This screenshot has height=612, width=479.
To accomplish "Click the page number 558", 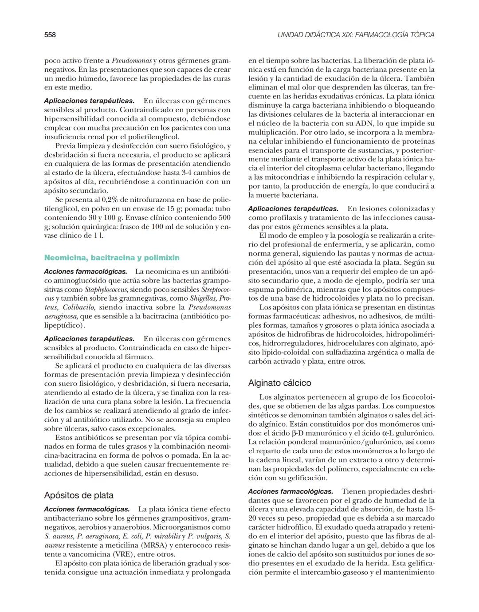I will pos(50,35).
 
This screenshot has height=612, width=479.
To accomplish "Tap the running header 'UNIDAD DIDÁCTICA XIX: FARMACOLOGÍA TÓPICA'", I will pos(356,35).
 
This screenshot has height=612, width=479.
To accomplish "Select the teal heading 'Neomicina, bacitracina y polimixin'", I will pos(112,258).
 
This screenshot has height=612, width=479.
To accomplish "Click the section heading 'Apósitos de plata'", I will pos(79,495).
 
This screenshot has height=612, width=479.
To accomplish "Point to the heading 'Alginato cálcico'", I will pos(279,383).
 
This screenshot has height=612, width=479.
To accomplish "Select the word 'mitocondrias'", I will pos(280,177).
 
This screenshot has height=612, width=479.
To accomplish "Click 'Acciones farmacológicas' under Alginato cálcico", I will pos(291,491).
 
